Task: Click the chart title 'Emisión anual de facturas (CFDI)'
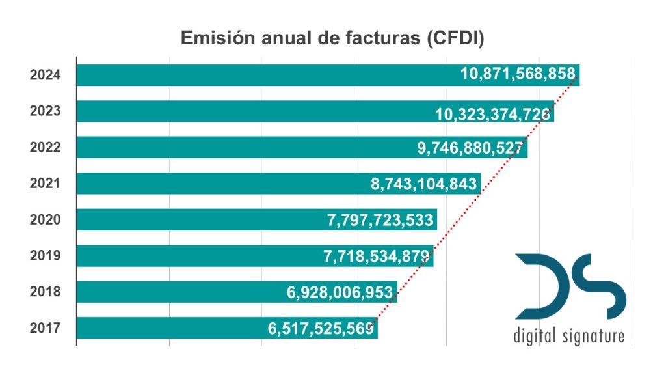click(x=332, y=38)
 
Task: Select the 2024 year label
click(x=46, y=75)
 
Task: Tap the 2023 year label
click(x=46, y=111)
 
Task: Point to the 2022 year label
click(x=46, y=147)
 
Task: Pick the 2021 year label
click(x=46, y=183)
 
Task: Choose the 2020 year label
click(x=46, y=219)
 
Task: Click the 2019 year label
click(x=46, y=255)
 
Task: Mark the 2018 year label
click(x=46, y=292)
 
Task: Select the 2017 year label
click(x=46, y=327)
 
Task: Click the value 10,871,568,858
click(x=517, y=74)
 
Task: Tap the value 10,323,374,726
click(x=493, y=115)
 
